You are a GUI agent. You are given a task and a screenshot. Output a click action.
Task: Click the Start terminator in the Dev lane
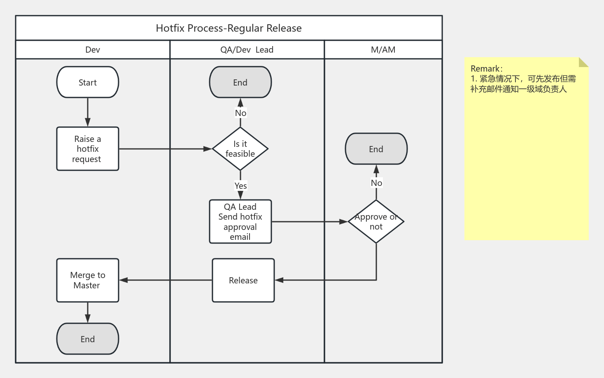88,82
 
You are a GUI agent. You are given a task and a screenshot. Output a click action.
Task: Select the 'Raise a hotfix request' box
88,148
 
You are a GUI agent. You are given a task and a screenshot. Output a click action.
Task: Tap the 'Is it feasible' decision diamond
240,148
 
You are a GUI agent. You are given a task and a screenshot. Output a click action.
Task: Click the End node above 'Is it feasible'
240,82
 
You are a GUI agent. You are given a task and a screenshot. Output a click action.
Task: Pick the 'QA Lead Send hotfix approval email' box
240,221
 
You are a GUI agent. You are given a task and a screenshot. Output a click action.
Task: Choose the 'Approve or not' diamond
376,221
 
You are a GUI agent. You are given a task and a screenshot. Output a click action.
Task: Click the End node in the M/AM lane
376,149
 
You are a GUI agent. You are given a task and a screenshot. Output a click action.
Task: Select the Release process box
243,280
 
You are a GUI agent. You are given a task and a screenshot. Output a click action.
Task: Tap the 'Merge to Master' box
88,280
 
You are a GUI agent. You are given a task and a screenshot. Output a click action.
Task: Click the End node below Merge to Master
88,339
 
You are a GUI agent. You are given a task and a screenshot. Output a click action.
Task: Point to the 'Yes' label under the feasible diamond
240,186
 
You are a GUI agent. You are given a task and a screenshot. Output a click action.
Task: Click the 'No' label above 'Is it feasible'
240,113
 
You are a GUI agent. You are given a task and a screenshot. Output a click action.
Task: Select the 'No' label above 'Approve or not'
376,183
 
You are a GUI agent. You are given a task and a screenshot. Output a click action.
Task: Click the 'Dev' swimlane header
93,50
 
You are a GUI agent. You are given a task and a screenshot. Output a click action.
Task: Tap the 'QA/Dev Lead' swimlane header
247,50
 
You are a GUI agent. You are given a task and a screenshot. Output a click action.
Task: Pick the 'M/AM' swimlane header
383,50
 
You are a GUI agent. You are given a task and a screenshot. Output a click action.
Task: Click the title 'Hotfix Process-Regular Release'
229,28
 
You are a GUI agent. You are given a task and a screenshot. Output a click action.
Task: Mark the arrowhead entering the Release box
279,280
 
